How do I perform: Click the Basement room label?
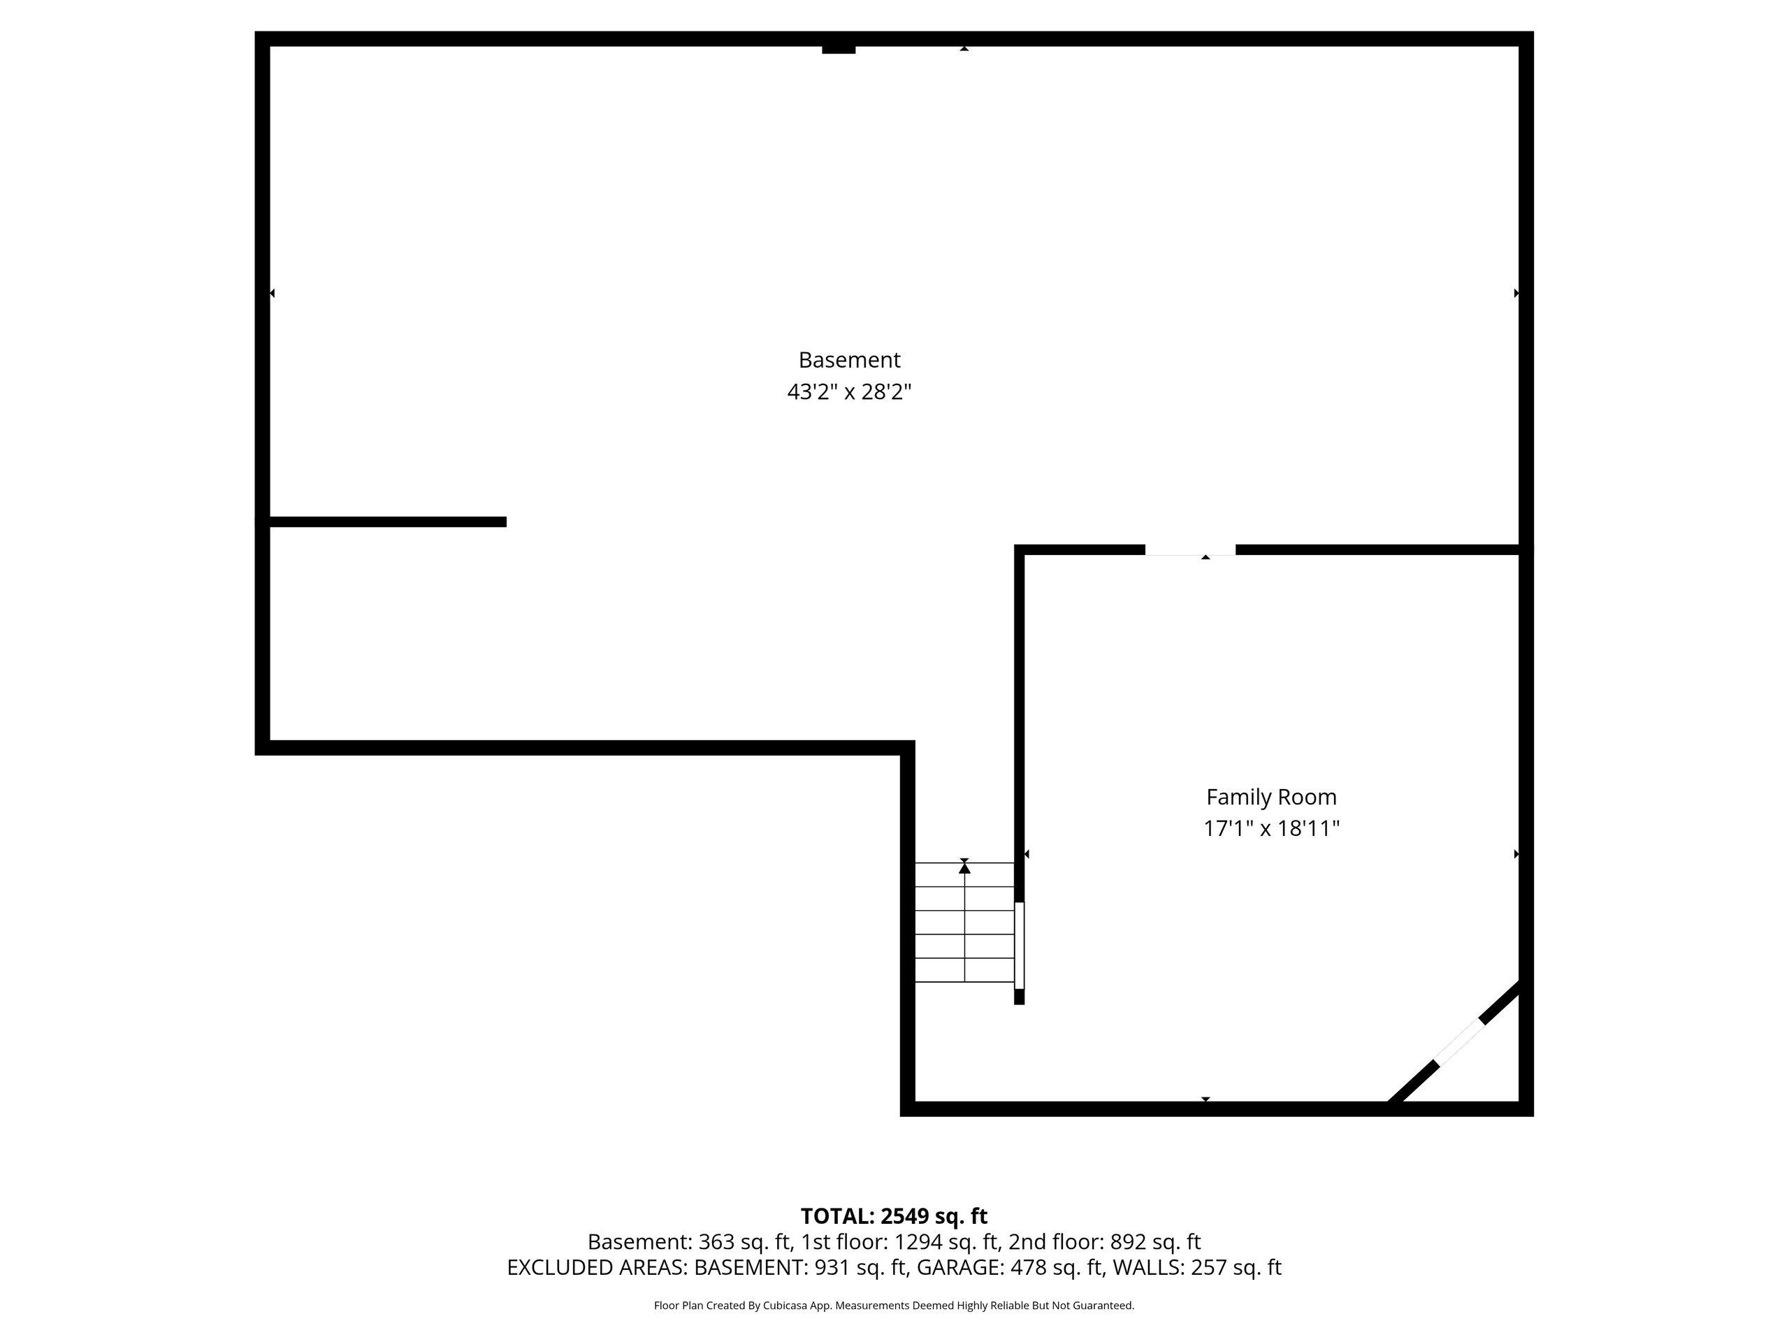849,360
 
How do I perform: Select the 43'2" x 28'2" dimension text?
849,392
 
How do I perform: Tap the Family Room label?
1271,797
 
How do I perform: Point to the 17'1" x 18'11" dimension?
1271,829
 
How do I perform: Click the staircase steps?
964,922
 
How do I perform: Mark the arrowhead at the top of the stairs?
964,868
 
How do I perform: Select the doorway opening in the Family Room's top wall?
1189,550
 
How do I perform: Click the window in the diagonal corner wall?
1459,1042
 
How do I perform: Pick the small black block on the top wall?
839,50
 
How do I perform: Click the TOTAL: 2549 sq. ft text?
894,1215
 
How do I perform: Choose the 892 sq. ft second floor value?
1155,1241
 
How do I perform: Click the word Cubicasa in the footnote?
782,1306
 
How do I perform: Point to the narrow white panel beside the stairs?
1019,945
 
